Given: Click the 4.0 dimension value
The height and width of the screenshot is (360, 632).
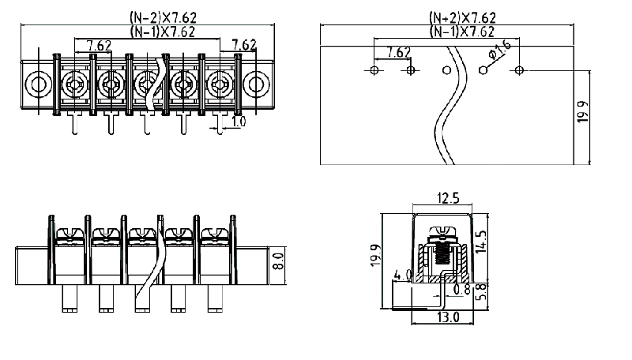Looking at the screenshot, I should click(x=402, y=276).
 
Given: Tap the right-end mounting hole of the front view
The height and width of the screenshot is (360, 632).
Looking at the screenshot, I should click(x=257, y=83).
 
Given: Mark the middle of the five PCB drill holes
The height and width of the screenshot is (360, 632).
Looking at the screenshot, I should click(x=446, y=71).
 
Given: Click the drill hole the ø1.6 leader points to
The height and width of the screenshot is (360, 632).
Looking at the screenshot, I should click(x=482, y=71).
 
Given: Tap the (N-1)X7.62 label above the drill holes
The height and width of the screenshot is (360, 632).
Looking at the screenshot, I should click(x=462, y=32).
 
